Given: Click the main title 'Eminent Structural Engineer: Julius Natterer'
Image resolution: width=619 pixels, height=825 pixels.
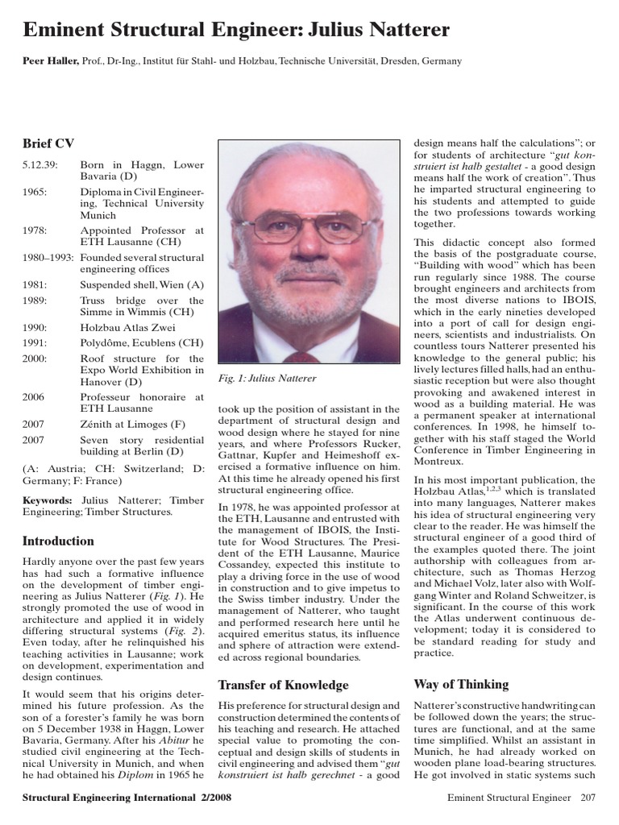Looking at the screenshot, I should coord(236,31).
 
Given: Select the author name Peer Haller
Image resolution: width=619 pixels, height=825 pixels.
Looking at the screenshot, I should coord(50,61).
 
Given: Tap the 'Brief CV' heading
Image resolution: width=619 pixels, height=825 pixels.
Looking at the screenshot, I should coord(48,143).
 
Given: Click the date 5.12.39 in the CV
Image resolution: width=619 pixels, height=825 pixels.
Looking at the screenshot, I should coord(38,165).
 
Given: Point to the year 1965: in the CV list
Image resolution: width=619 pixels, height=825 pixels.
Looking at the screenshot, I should coord(35,193).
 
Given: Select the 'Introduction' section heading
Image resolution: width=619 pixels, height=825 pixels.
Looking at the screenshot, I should coord(58,541).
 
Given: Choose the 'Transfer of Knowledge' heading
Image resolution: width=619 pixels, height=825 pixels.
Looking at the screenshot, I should coord(284,685).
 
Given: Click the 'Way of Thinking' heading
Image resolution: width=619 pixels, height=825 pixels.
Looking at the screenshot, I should coord(461,684).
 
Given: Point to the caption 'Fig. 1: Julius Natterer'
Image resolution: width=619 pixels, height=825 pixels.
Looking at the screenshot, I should coord(268,378).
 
